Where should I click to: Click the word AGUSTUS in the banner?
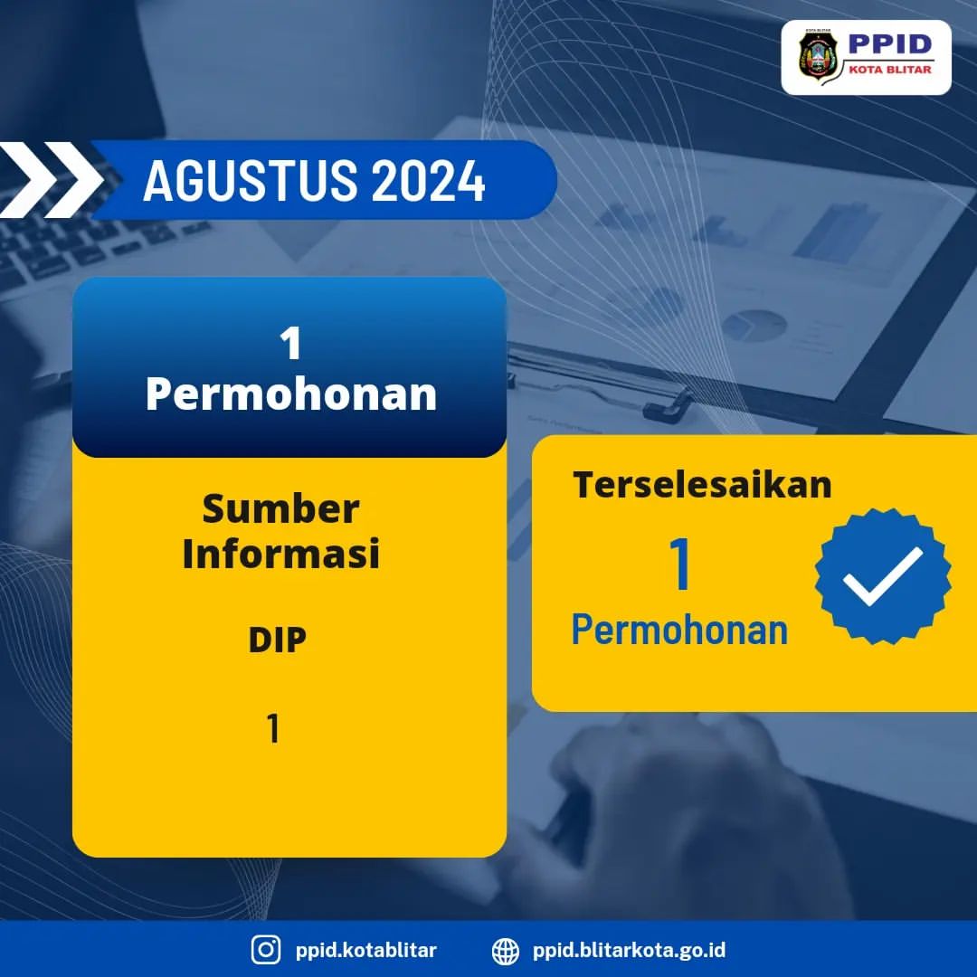[x=251, y=181]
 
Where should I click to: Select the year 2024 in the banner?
[x=429, y=181]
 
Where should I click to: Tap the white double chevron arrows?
[x=50, y=179]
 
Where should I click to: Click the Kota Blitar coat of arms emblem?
[x=818, y=56]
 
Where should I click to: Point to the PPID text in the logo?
[x=890, y=44]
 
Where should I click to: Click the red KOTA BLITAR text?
[x=890, y=70]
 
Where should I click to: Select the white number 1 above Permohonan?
[x=291, y=344]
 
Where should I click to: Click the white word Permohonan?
[x=291, y=394]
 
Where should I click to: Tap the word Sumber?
[x=281, y=508]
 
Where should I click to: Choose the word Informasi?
[x=281, y=554]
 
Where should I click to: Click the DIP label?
[x=278, y=640]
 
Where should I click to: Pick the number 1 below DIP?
[x=273, y=728]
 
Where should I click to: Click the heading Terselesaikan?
[x=702, y=485]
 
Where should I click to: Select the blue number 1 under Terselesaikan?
[x=679, y=564]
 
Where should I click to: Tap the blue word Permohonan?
[x=679, y=630]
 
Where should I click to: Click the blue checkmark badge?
[x=883, y=576]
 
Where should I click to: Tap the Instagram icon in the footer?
[x=266, y=950]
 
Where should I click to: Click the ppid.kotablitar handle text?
[x=365, y=950]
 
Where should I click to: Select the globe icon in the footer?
[x=506, y=951]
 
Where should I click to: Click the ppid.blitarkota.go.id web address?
[x=629, y=950]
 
